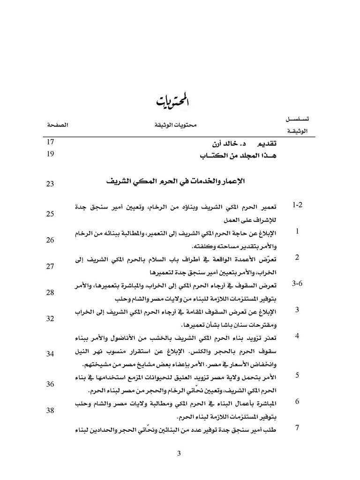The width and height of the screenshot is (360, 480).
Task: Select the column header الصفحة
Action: tap(56, 126)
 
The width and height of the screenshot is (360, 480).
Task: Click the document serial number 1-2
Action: tap(298, 205)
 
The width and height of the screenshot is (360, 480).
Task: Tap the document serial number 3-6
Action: tap(298, 284)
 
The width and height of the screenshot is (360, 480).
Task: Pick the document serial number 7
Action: tap(297, 427)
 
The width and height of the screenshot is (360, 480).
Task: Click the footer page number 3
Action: tap(180, 453)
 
